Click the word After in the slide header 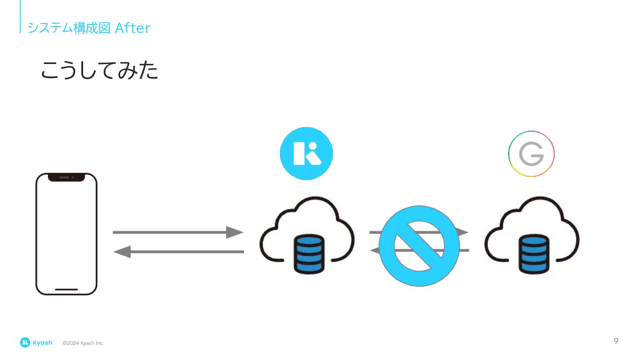132,28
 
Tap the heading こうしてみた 100,71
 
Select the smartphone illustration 66,234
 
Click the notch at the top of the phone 66,177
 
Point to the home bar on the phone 66,289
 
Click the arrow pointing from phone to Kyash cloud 178,232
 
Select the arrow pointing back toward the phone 178,252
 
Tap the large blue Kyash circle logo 306,153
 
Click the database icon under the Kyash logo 309,254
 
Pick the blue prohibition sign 419,246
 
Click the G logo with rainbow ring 531,154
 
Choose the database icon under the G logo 534,254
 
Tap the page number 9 616,341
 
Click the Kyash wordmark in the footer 42,343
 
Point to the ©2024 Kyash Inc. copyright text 83,343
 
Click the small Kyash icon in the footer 25,342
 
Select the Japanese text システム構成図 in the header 68,28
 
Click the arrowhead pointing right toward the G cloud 463,232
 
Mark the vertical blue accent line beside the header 20,16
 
